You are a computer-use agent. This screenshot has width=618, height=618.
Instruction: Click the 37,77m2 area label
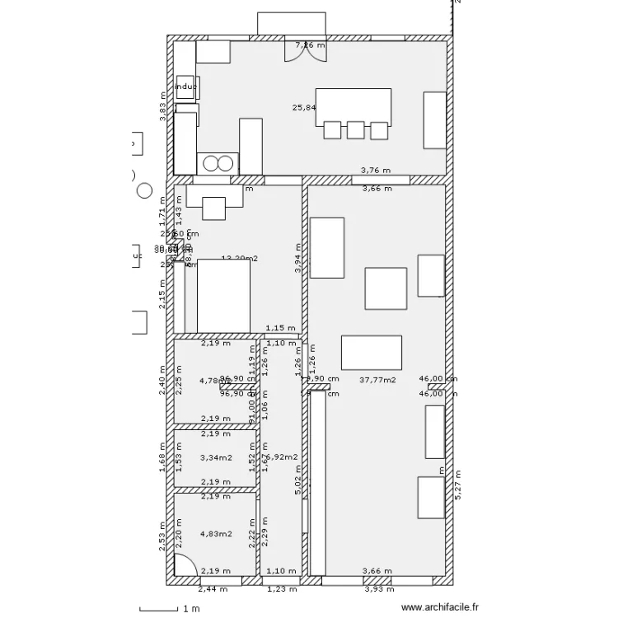click(378, 380)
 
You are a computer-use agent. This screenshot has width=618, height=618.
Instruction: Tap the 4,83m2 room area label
click(216, 533)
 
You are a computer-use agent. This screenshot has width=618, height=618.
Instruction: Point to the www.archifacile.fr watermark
click(439, 608)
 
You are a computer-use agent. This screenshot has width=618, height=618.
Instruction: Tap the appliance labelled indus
click(185, 86)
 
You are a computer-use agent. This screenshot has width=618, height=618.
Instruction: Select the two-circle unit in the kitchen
click(218, 163)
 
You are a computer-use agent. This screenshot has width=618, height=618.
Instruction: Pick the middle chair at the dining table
click(355, 130)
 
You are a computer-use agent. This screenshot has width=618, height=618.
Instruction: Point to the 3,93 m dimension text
click(379, 589)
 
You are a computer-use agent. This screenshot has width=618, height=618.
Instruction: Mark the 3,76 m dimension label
click(376, 171)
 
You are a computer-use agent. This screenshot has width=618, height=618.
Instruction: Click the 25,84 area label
click(304, 107)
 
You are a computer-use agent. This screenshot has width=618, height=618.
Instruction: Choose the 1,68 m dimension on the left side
click(163, 455)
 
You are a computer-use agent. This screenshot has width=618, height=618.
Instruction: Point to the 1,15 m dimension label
click(279, 327)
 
